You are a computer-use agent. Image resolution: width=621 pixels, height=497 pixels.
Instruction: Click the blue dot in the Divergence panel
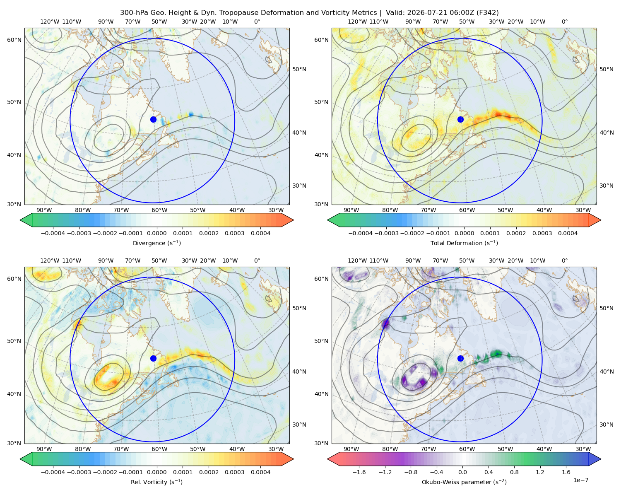(x=153, y=119)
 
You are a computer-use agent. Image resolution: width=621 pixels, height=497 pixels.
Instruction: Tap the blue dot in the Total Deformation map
(x=460, y=119)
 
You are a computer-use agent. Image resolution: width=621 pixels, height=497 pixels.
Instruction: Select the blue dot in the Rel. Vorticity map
(x=153, y=358)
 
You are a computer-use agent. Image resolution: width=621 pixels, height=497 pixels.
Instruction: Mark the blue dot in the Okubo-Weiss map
(x=460, y=358)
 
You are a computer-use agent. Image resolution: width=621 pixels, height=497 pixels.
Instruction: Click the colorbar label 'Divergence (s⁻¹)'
(x=156, y=243)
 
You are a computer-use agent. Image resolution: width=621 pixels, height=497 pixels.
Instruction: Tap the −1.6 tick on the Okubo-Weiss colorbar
(x=359, y=472)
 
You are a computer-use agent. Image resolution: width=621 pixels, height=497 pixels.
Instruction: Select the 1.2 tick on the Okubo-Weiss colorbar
(x=540, y=472)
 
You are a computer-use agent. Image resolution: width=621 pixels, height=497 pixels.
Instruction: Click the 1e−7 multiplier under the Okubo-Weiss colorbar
(x=580, y=480)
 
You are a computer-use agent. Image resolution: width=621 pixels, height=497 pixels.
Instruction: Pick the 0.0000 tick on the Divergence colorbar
(x=156, y=233)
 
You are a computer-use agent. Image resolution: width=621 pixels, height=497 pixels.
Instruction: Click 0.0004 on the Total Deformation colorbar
(x=568, y=233)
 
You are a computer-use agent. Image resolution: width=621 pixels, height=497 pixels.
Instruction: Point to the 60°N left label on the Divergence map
(x=14, y=40)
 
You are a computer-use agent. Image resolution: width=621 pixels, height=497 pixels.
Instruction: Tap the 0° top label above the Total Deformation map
(x=564, y=22)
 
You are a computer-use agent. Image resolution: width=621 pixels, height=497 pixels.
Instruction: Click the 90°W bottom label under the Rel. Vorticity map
(x=44, y=449)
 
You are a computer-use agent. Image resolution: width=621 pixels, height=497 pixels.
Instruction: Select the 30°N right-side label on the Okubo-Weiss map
(x=607, y=425)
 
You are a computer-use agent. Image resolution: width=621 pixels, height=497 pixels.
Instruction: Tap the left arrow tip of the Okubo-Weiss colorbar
(x=327, y=459)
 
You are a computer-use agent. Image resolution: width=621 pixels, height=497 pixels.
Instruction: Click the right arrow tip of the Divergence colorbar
(x=294, y=220)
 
